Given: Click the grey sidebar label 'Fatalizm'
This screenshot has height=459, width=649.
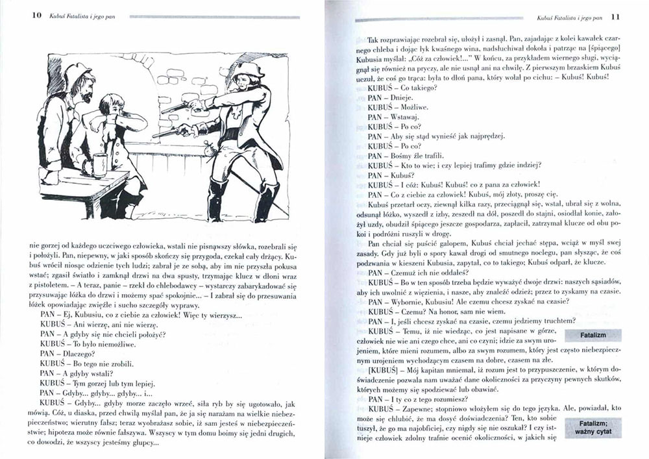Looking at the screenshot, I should [x=593, y=334].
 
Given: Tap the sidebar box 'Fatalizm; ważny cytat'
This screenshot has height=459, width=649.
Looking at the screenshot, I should [x=593, y=426].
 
